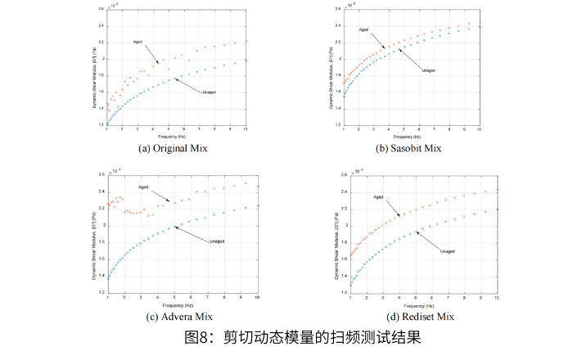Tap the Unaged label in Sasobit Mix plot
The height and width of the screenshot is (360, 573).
tap(428, 70)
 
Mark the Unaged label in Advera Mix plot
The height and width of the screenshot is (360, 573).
tap(217, 241)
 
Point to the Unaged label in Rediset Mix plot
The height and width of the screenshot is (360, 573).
tap(448, 250)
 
